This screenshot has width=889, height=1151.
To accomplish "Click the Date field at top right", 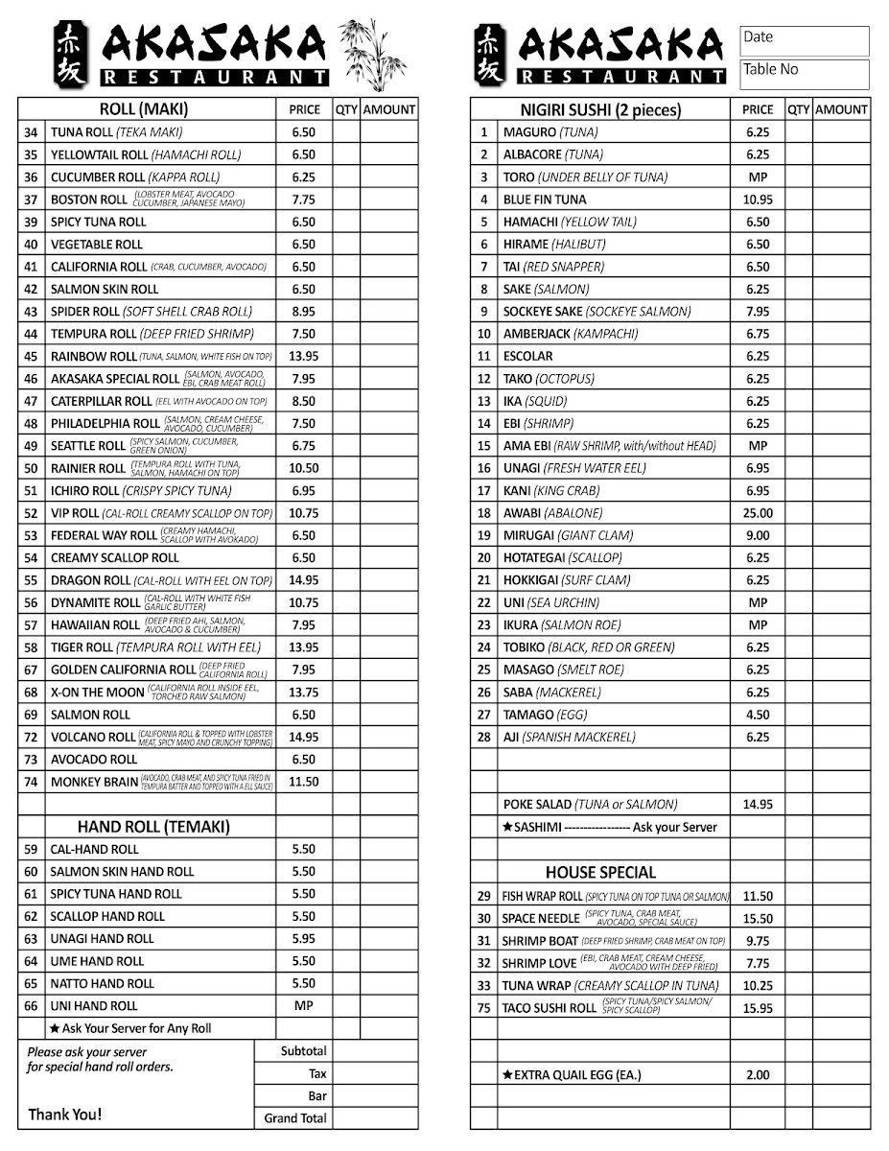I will [804, 40].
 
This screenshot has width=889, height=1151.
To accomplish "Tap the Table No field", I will [804, 73].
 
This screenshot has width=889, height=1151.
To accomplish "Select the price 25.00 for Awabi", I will [758, 513].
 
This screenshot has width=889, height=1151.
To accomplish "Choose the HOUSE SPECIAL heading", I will [600, 873].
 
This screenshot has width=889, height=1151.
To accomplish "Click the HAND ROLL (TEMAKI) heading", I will [153, 827].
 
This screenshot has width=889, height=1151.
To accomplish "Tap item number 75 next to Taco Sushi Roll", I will [484, 1008].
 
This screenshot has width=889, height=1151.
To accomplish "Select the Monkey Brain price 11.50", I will [303, 782].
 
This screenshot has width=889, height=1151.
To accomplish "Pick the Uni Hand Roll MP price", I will [303, 1006].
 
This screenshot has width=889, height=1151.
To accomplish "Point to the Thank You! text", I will [64, 1115].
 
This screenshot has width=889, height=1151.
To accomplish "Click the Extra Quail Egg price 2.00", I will [758, 1075].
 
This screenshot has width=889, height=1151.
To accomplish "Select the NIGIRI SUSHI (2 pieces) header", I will [600, 110].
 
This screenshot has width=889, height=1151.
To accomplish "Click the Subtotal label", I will [303, 1051].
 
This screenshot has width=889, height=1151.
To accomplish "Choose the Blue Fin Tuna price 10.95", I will [758, 200].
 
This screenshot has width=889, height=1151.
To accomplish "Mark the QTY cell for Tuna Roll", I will [346, 132].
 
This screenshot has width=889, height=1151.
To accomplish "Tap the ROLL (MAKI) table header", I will [144, 109].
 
